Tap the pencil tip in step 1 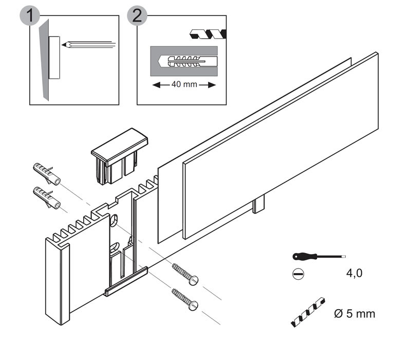coord(64,45)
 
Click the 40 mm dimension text coord(184,85)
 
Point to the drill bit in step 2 coord(208,35)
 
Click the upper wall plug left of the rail coord(46,174)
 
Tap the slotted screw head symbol coord(297,274)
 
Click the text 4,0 coord(354,274)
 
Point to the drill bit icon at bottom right coord(307,312)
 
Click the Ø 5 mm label coord(354,313)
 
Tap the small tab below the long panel coord(258,205)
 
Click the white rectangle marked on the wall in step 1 coord(54,57)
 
